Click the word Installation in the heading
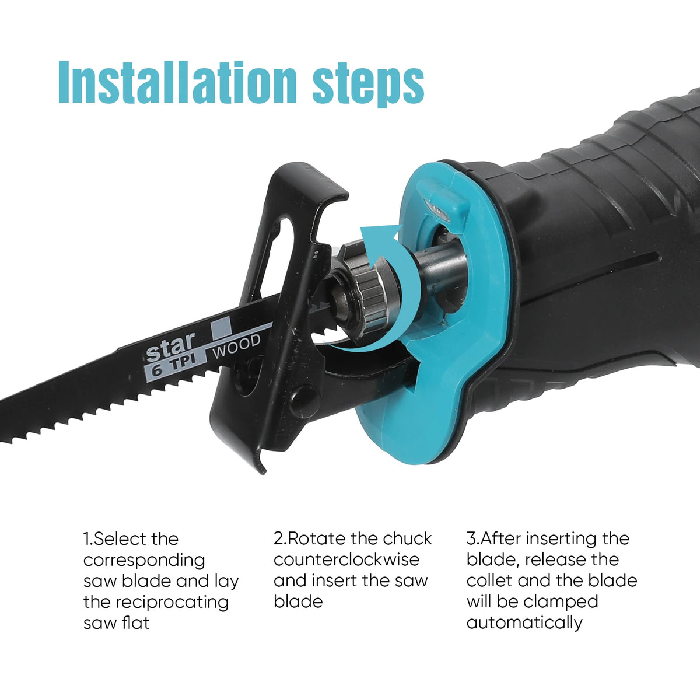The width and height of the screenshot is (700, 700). point(177,82)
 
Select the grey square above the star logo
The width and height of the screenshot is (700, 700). point(221,326)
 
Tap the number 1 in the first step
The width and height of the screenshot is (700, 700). point(87,539)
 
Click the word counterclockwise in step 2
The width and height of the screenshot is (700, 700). point(346,560)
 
